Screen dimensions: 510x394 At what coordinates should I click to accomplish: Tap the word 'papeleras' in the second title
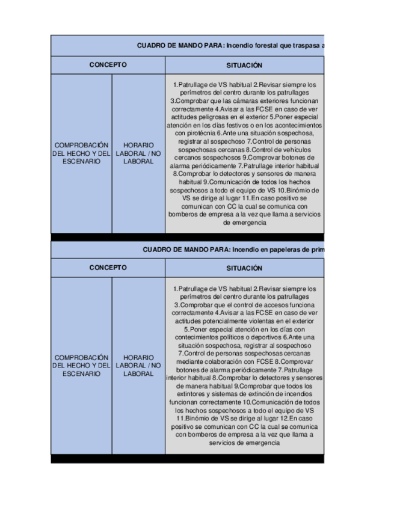(283, 249)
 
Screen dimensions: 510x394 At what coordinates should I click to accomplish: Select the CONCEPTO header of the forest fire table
(108, 64)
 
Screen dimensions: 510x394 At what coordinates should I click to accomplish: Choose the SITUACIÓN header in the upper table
(244, 65)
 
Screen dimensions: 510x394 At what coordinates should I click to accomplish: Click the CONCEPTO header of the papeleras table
(108, 267)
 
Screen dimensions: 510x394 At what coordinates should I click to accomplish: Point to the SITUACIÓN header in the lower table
(244, 268)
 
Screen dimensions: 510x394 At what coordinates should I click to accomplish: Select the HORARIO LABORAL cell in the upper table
(138, 153)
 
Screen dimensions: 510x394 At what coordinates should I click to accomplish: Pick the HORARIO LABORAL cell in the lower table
(138, 365)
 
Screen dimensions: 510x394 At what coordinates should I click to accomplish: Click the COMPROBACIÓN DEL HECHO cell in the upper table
(81, 153)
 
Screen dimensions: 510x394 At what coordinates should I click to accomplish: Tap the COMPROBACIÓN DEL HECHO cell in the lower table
(81, 365)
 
